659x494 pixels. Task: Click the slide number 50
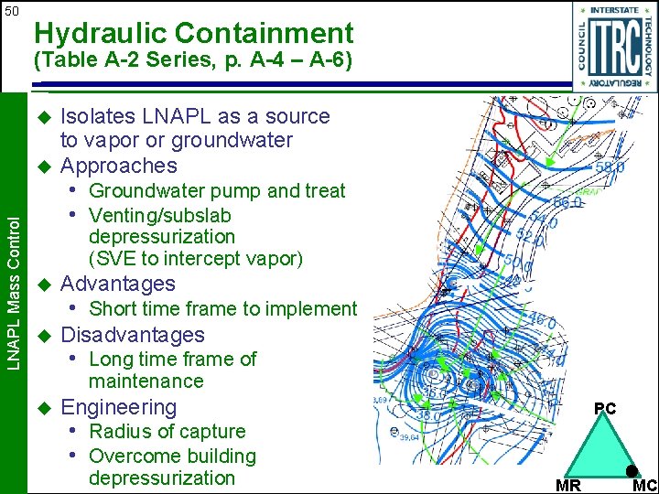coord(11,11)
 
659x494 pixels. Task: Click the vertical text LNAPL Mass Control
coord(13,274)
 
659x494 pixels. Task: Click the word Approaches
coord(118,166)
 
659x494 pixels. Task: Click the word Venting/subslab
coord(160,215)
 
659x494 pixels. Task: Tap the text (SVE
coord(112,259)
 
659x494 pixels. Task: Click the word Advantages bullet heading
coord(117,284)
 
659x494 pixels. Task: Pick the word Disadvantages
coord(132,335)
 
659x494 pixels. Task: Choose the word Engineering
coord(118,407)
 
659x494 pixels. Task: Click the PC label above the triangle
coord(605,409)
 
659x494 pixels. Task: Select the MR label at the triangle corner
coord(568,485)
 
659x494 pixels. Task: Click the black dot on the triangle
coord(632,470)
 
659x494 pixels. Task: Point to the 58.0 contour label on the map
coord(610,168)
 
